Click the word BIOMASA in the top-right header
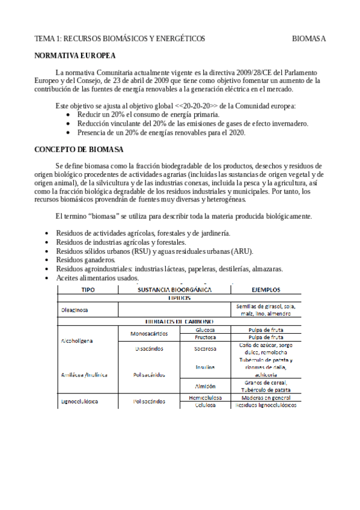[309, 38]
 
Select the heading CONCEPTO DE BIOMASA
[79, 149]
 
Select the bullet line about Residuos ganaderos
[85, 260]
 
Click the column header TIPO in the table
[88, 289]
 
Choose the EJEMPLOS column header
[265, 289]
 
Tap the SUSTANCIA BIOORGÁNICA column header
[175, 289]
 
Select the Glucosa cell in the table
[205, 330]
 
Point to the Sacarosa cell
[205, 348]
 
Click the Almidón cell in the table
[205, 386]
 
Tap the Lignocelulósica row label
[79, 401]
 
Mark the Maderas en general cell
[265, 397]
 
